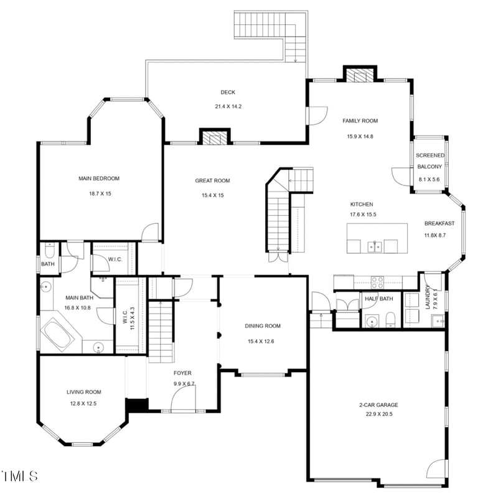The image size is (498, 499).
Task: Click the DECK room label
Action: tap(228, 92)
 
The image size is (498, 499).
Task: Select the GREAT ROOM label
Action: tap(212, 180)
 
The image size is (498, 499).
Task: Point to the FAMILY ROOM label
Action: tap(360, 121)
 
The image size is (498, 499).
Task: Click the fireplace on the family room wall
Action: tap(360, 75)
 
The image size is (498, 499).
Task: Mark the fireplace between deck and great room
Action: tap(215, 137)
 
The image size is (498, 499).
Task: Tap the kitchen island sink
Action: tap(374, 247)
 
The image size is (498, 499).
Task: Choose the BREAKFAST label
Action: tap(439, 223)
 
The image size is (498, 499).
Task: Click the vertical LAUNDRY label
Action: tap(428, 297)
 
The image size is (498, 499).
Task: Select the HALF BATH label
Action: tap(379, 299)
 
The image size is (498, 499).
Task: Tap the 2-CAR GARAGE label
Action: tap(378, 405)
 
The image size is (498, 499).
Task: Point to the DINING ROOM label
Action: tap(263, 325)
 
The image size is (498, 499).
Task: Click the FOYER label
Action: tap(182, 373)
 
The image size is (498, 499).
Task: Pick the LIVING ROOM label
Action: tap(84, 392)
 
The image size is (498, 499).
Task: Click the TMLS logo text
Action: tap(19, 477)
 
